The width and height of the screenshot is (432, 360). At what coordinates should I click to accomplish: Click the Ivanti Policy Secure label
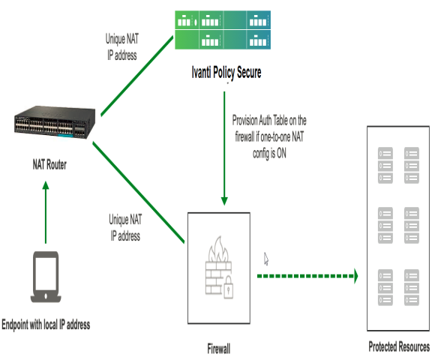pos(226,73)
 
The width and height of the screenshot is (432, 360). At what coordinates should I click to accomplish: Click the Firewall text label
pos(218,349)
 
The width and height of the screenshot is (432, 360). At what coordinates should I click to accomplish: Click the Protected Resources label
pos(399,348)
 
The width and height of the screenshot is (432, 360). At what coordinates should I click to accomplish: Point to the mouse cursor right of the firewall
pos(266,258)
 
